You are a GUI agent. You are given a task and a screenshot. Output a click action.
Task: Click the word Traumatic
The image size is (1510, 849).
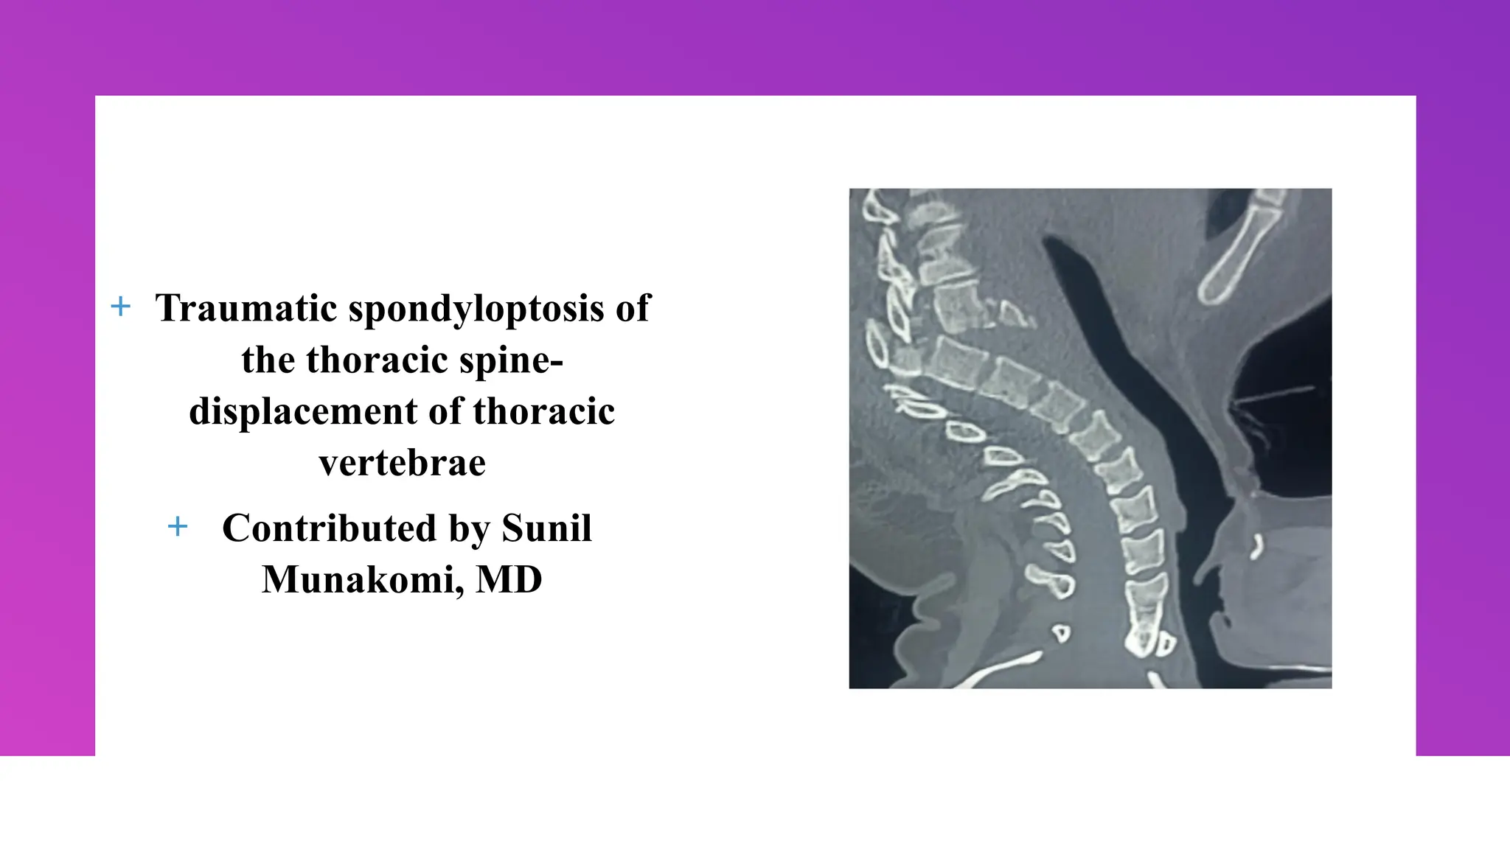coord(246,308)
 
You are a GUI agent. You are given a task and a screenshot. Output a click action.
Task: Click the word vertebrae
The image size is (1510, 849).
coord(402,463)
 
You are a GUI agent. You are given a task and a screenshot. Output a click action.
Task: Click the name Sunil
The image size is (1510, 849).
coord(546,528)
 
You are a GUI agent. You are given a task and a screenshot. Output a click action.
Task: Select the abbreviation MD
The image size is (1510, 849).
coord(509,580)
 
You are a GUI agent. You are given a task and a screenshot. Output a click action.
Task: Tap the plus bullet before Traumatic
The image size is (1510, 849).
coord(120,307)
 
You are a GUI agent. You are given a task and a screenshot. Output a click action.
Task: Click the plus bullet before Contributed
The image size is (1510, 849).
coord(178,527)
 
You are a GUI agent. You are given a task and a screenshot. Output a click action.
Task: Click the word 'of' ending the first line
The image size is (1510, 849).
coord(633,308)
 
